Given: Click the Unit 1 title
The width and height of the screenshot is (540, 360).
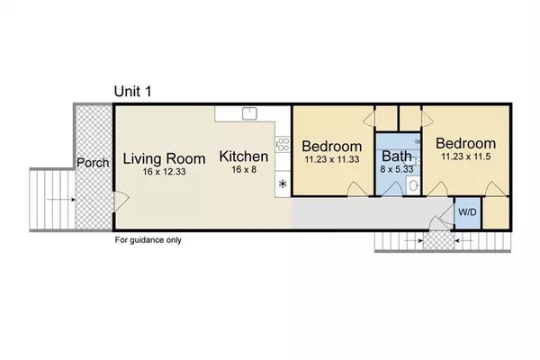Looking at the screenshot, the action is (132, 91).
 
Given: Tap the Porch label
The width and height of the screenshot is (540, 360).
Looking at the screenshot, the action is (93, 163).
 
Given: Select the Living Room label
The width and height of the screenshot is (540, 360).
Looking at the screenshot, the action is (165, 158).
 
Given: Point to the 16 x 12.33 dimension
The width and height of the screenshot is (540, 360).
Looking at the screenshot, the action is (165, 172).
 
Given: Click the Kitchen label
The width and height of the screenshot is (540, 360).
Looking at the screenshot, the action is (244, 157).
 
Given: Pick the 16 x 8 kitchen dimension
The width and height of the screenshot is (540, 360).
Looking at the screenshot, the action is (244, 169).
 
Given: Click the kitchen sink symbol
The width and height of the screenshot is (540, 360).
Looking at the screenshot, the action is (249, 113).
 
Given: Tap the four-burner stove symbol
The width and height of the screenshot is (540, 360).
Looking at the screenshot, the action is (283, 144).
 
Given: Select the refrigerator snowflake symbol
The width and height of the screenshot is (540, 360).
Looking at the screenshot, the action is (283, 184).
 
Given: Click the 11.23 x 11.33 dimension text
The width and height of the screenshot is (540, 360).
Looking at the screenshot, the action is (332, 159).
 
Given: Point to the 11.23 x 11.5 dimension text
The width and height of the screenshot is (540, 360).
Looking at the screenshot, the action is (466, 157).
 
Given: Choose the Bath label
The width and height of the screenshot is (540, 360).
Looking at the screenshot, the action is (397, 157).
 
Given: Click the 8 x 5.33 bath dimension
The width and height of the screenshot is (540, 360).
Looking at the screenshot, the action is (397, 169).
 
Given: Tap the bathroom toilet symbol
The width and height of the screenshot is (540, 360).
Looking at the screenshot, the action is (413, 185).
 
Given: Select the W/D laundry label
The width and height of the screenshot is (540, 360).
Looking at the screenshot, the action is (467, 212).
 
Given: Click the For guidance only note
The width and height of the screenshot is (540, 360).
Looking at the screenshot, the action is (148, 240).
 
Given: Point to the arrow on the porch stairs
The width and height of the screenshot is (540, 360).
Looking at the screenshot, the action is (61, 200).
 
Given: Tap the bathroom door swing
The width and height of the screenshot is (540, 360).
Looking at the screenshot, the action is (392, 189).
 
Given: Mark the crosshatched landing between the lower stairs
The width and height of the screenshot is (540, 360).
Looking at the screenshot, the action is (438, 240).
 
